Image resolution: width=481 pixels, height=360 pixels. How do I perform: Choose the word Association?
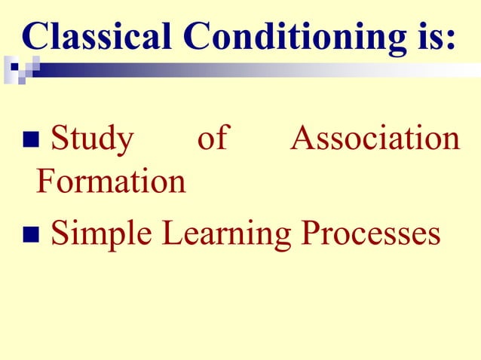pos(375,140)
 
